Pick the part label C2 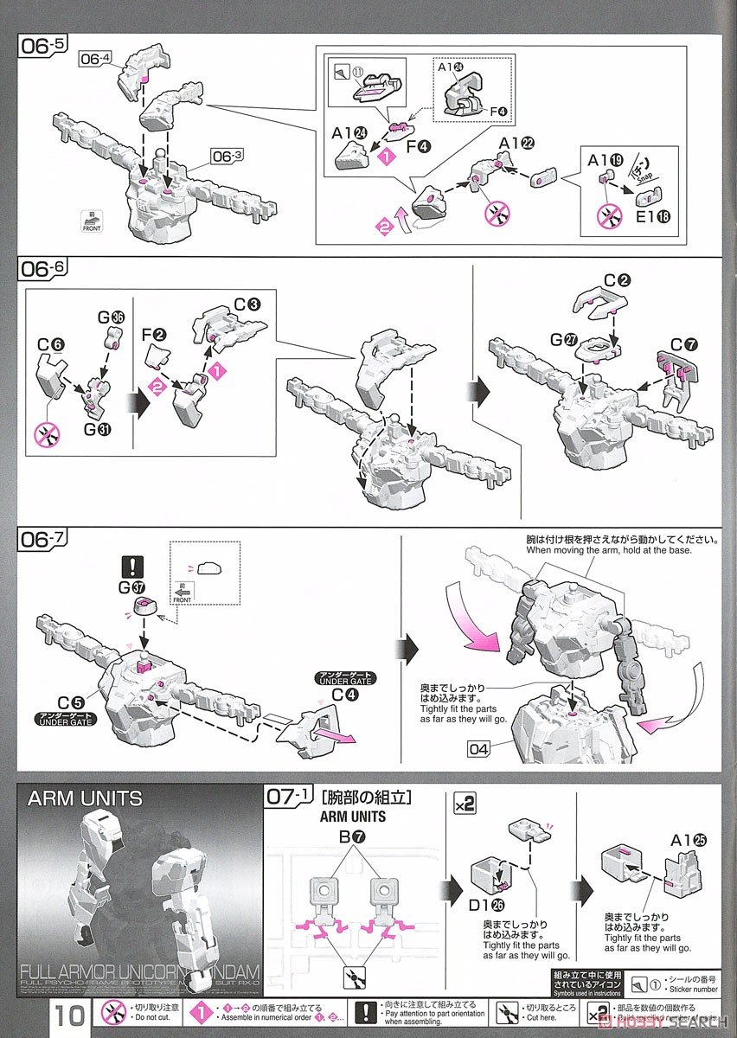615,280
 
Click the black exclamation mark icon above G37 133,567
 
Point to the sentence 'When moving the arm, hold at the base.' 610,550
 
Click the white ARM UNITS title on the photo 85,798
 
